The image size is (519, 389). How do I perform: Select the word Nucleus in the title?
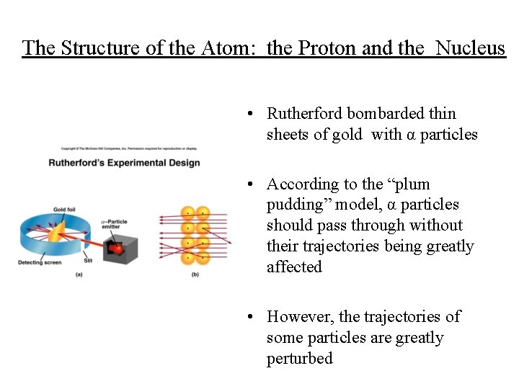(471, 48)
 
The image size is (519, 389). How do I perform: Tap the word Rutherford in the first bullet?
(304, 114)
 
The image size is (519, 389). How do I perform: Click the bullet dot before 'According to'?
(248, 185)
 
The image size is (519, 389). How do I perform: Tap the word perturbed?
(300, 359)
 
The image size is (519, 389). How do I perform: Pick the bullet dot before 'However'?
(248, 317)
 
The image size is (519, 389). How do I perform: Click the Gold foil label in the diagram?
(64, 210)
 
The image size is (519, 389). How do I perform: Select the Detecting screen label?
(40, 262)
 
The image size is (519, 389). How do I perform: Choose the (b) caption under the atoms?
(195, 274)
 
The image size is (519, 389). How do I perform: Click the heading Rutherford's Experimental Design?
(124, 163)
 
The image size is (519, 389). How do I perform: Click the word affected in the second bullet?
(294, 267)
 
